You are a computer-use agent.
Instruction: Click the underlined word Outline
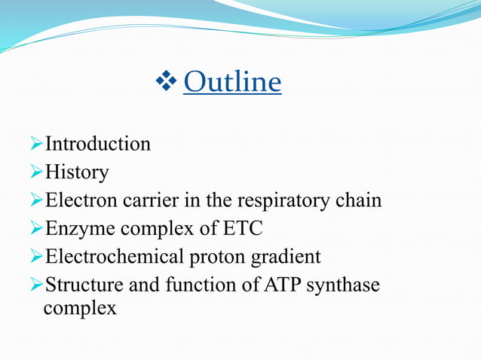(x=232, y=82)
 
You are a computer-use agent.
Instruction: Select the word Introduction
(x=98, y=144)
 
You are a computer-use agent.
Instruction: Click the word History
(x=77, y=172)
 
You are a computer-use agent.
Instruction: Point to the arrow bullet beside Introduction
(x=38, y=144)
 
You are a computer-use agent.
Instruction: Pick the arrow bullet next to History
(x=38, y=172)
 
